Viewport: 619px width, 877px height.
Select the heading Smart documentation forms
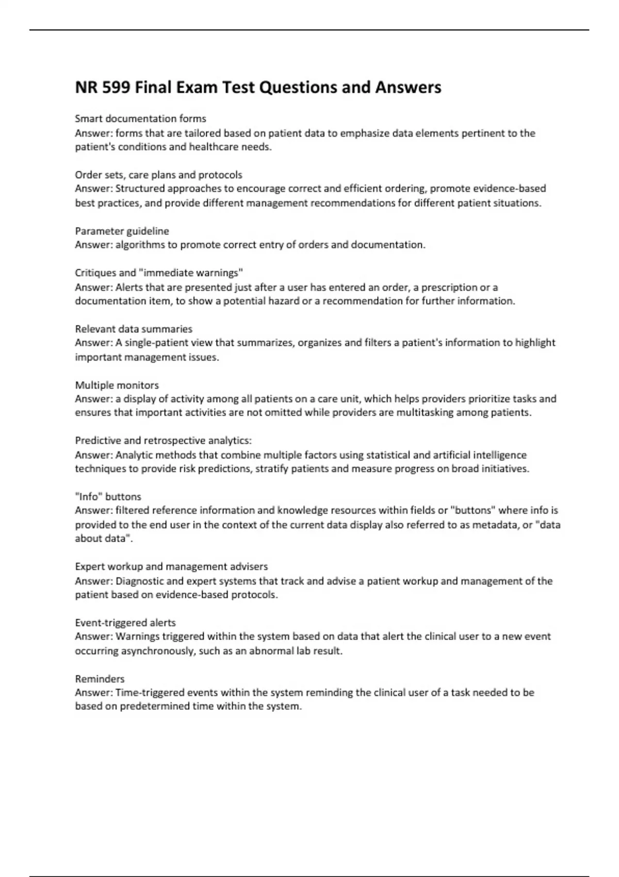(140, 119)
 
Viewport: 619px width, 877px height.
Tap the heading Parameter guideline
(122, 231)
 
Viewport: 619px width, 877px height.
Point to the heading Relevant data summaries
(134, 329)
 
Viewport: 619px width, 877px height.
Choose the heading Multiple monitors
(117, 385)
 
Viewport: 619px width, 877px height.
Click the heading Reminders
(100, 679)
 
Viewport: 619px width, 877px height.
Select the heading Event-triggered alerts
(125, 623)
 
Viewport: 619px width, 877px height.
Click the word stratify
(272, 469)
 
